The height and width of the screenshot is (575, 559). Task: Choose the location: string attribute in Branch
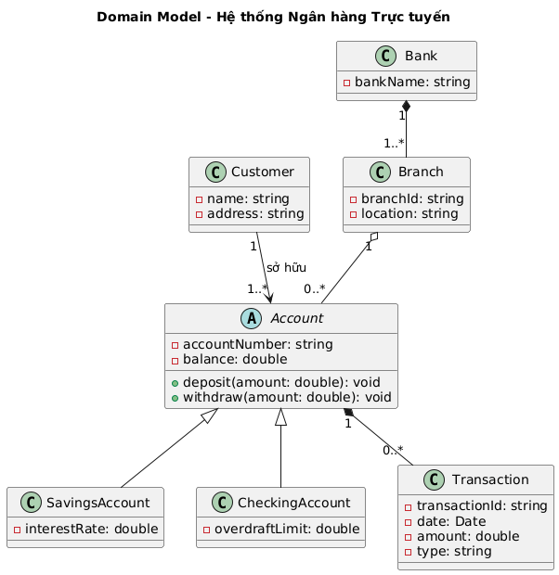407,214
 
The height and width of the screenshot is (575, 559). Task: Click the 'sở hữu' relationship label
286,268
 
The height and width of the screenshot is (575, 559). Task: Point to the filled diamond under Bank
407,104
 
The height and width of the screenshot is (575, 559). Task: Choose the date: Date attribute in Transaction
448,522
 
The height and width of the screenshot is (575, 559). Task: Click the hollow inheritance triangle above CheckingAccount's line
281,416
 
